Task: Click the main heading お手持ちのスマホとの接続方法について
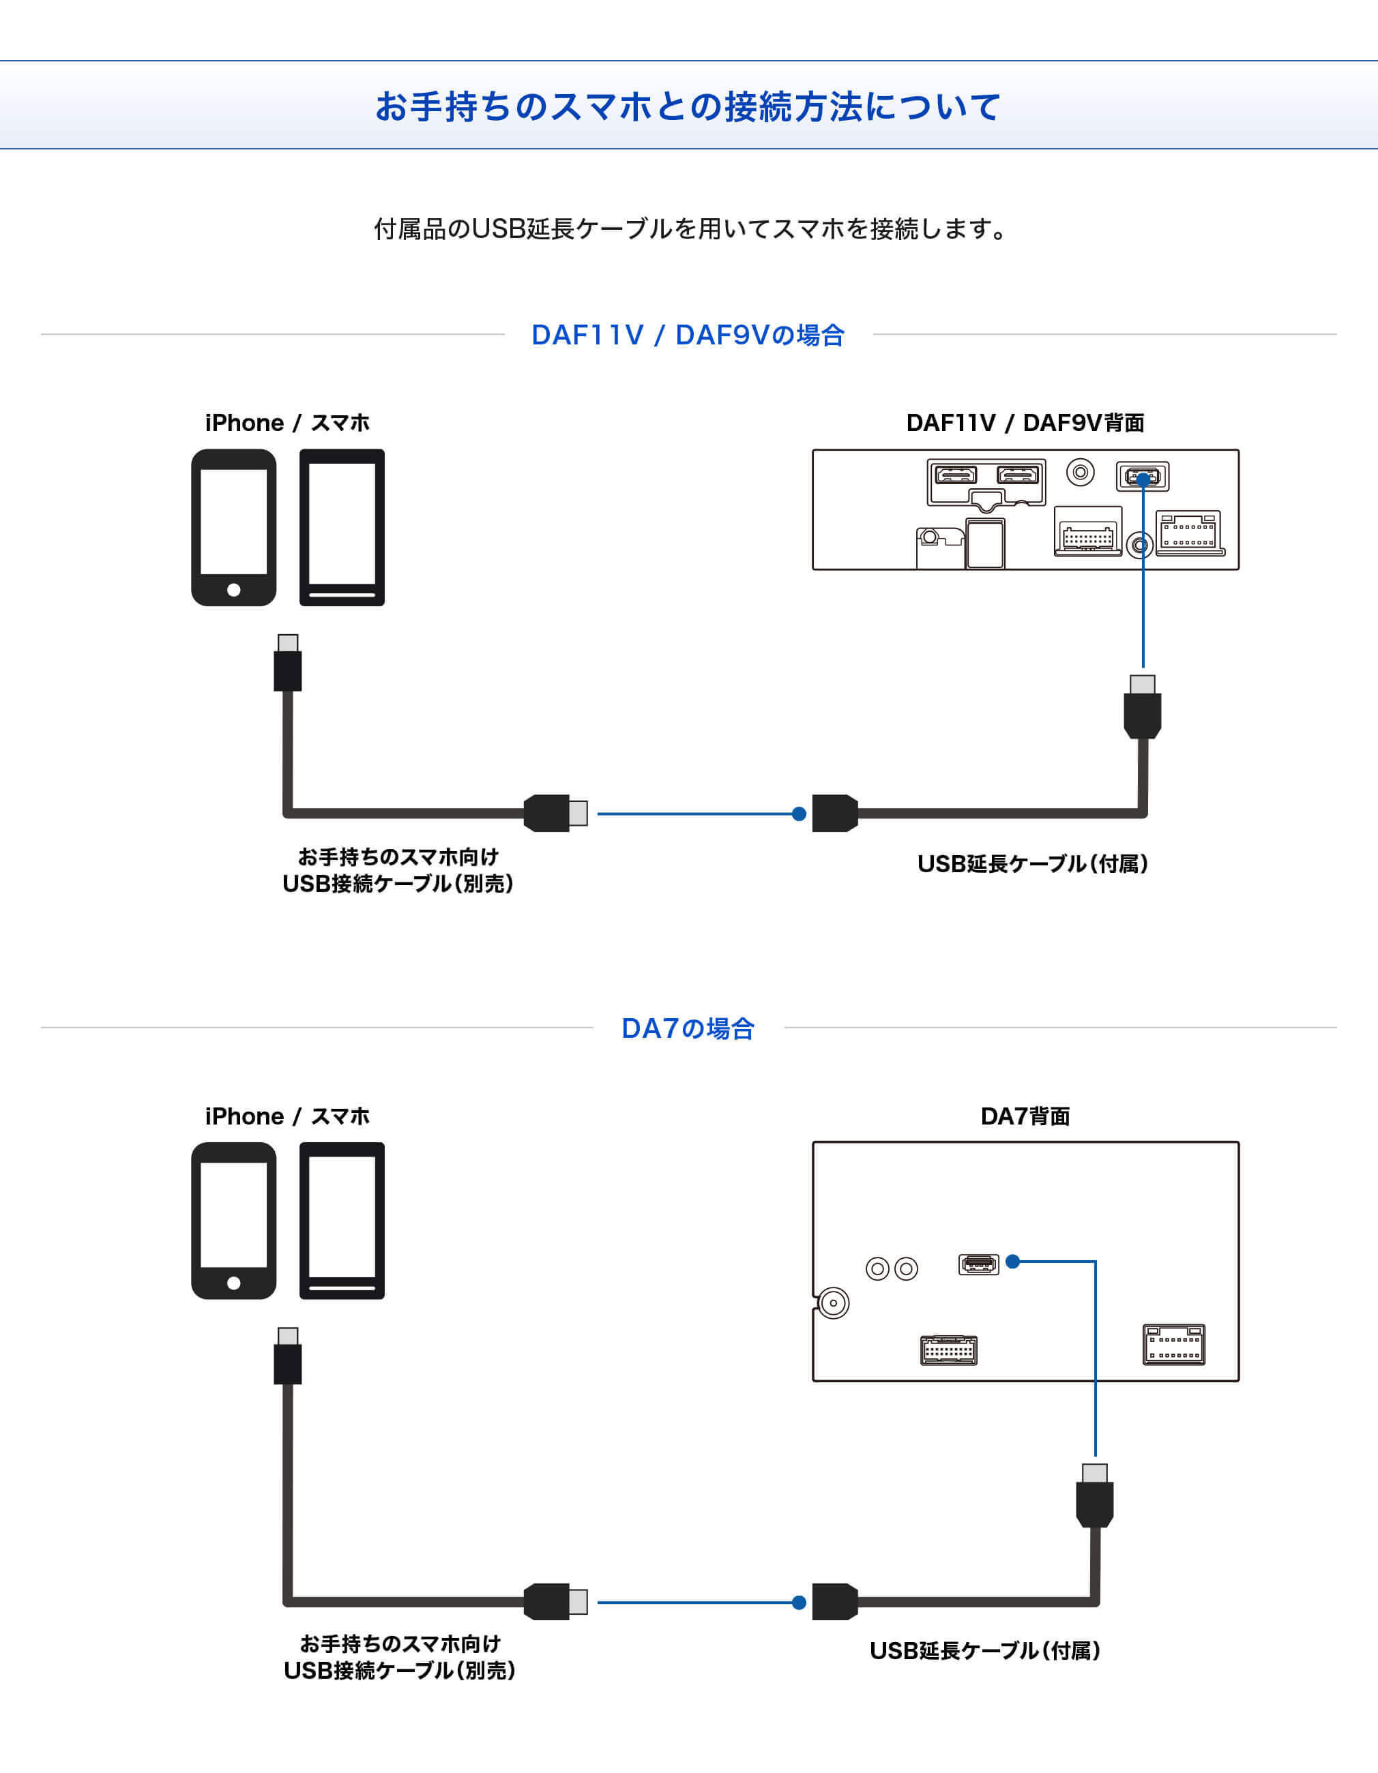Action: click(688, 106)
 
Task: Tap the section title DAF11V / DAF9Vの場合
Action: click(688, 334)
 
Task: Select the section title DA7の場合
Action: click(688, 1028)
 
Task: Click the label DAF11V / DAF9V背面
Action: click(1025, 423)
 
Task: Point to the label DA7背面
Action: click(1025, 1116)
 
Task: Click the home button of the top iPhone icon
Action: click(234, 590)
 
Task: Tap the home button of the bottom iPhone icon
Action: click(234, 1283)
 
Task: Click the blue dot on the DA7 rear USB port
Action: click(1012, 1262)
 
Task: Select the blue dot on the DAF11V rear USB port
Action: click(1143, 479)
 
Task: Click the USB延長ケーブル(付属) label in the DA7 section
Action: click(985, 1650)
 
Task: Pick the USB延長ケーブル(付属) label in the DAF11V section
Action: click(1032, 864)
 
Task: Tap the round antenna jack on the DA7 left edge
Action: click(833, 1303)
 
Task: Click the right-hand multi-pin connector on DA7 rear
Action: click(1173, 1345)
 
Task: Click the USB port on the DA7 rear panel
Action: click(978, 1264)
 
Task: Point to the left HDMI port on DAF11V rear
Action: click(956, 475)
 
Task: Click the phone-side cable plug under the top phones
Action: click(287, 664)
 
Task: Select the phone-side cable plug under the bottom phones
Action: click(287, 1357)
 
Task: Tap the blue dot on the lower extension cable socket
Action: click(799, 1603)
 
